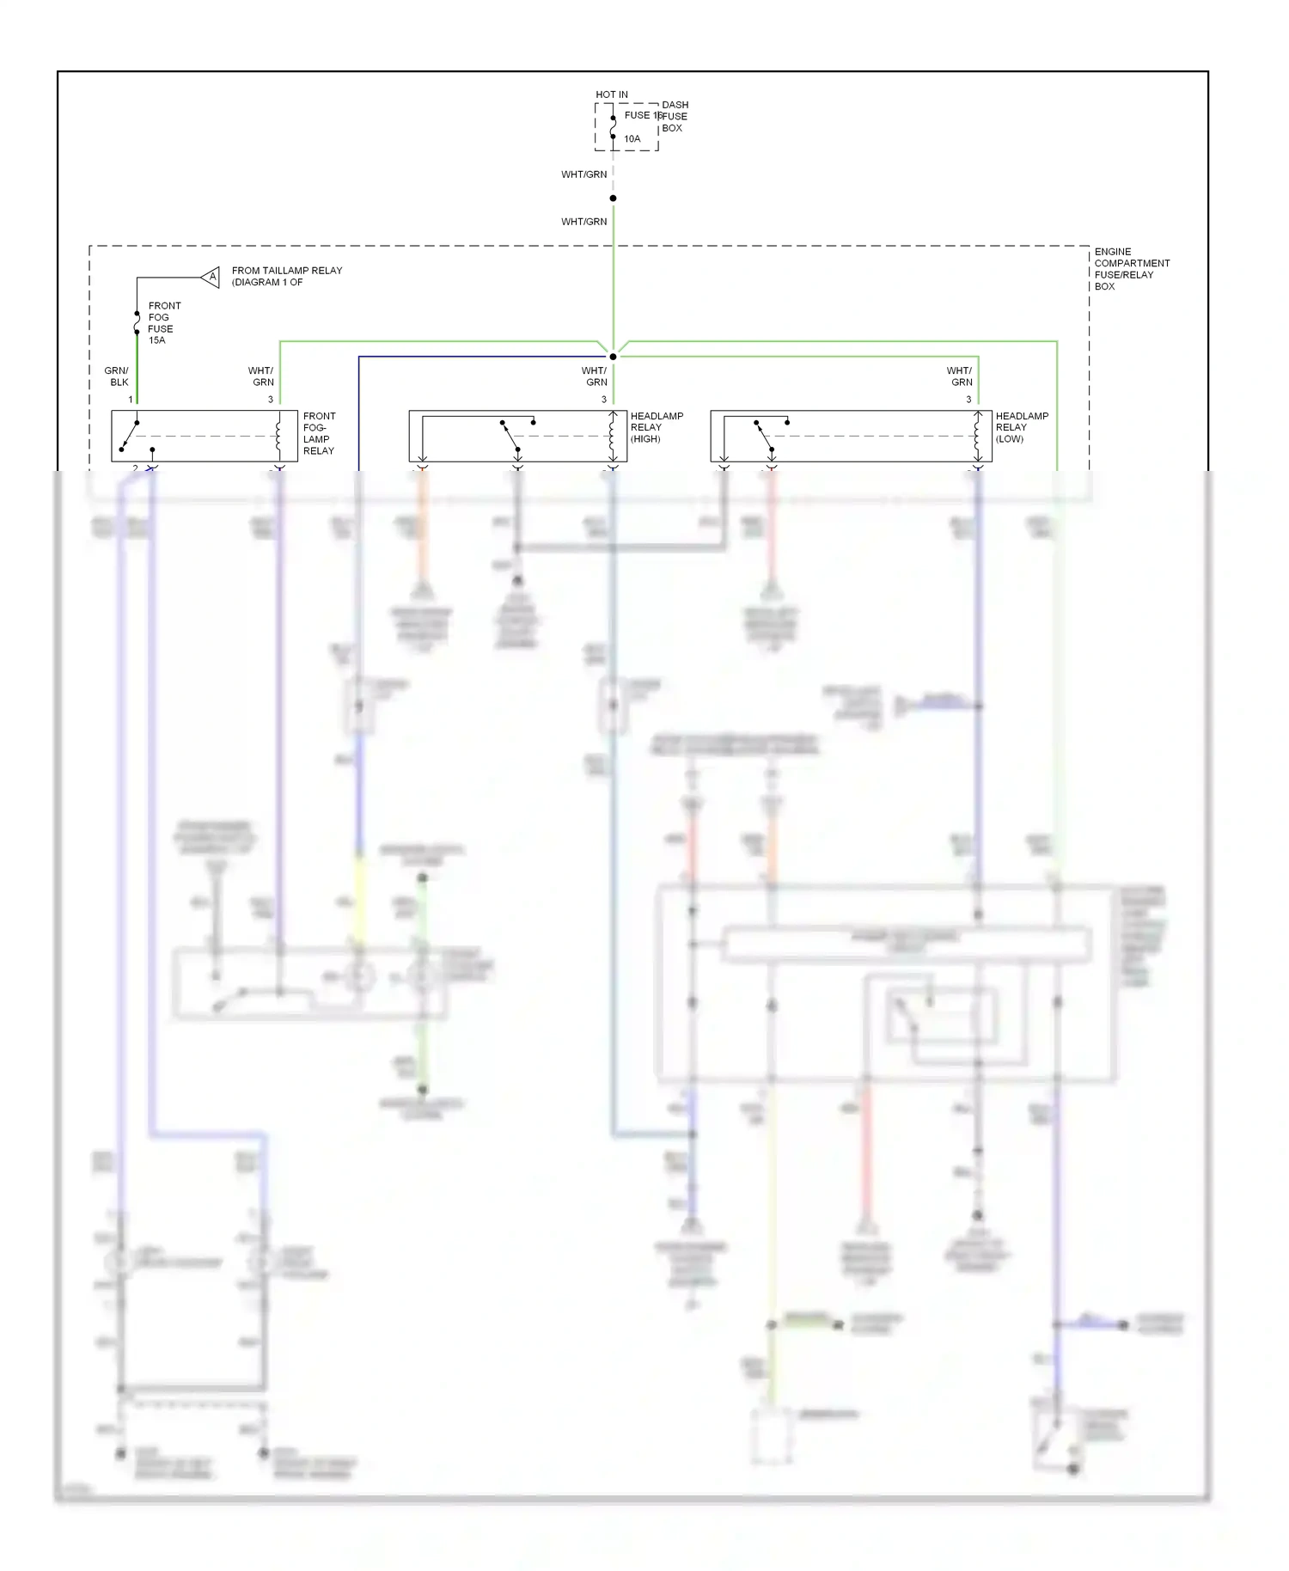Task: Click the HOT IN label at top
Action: pos(612,95)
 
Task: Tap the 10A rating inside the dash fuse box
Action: pos(632,138)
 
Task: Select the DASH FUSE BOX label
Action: pos(675,117)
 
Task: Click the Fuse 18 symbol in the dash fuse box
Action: pos(613,126)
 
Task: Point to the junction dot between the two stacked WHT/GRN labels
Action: pos(613,199)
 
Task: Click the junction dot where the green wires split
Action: pos(613,357)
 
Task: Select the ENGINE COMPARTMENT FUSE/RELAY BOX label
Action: pos(1132,269)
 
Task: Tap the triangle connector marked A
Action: pos(211,277)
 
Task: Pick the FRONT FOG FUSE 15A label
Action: pos(163,323)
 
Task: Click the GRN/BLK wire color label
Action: pos(117,376)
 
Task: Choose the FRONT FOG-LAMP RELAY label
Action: pos(319,433)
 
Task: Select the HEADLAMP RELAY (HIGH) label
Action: pos(657,427)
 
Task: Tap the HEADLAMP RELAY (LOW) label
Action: pos(1022,427)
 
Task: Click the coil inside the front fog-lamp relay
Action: pos(278,436)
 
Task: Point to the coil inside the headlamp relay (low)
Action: pos(977,436)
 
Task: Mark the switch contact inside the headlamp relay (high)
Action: pos(510,435)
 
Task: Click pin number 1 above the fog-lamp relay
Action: pos(131,400)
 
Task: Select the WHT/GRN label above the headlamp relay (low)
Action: pos(960,376)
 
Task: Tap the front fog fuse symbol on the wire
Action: pos(137,323)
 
